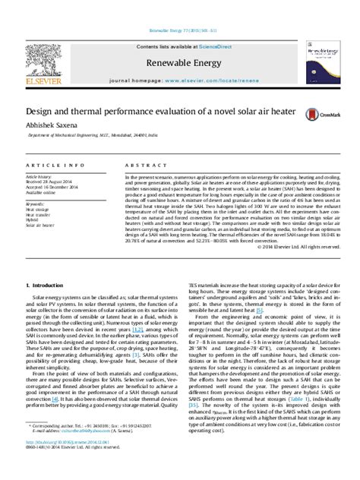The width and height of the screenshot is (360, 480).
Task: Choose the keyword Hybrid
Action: [x=33, y=219]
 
